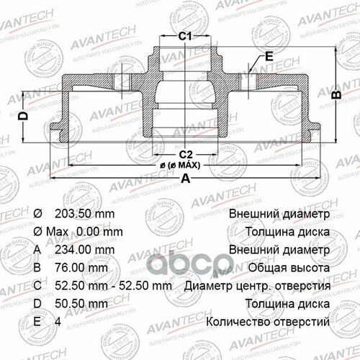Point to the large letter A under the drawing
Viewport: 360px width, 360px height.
coord(186,181)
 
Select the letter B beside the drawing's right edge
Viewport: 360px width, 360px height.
coord(334,94)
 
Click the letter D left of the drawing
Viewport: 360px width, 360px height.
coord(23,116)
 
